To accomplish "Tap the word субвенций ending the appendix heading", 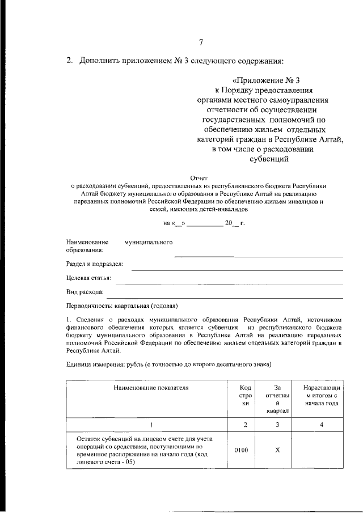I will coord(270,159).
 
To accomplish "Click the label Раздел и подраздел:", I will coord(95,264).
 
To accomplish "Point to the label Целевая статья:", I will coord(88,278).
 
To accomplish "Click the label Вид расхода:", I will coord(85,292).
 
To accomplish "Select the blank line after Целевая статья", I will coord(233,283).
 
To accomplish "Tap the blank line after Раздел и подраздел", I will coord(237,269).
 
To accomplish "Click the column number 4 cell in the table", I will coord(321,425).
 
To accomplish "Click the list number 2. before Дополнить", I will coord(69,61).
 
